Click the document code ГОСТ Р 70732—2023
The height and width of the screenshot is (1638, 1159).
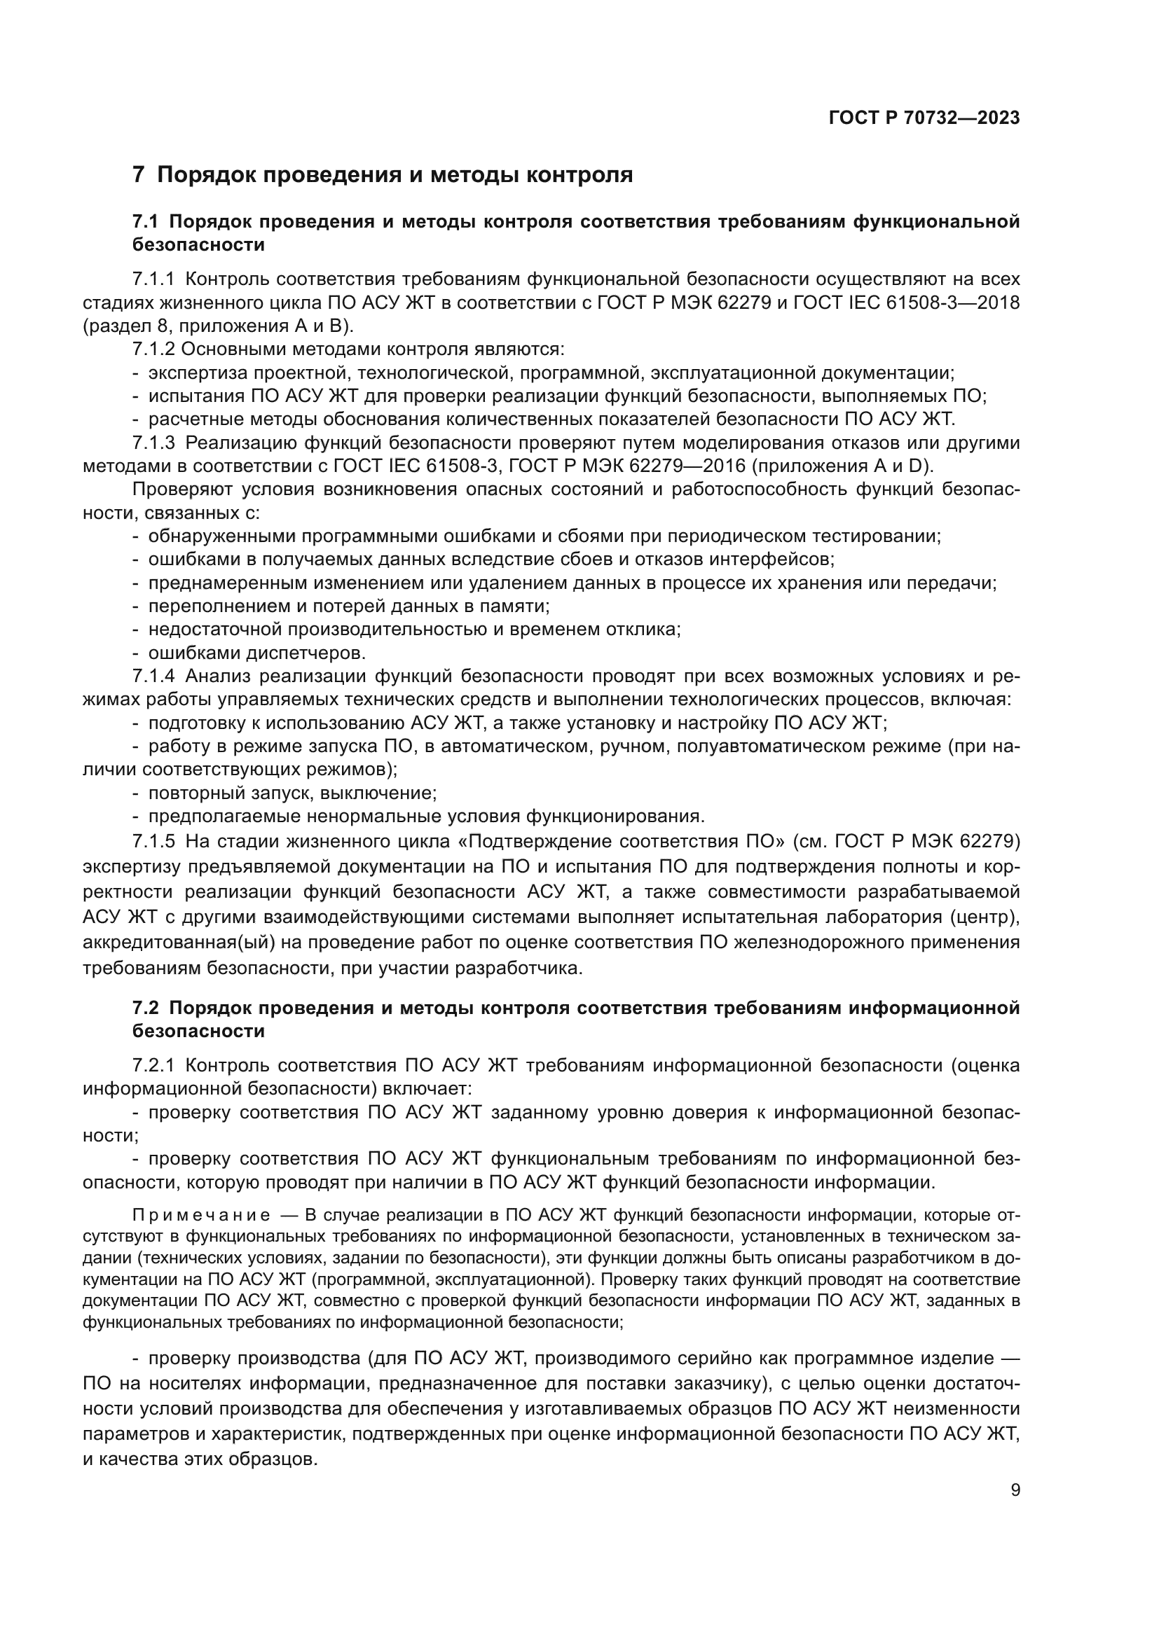pos(924,118)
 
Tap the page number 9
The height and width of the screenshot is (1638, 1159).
pos(1015,1490)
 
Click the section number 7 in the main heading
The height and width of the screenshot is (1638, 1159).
pos(139,175)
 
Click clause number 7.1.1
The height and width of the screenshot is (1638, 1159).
pos(153,279)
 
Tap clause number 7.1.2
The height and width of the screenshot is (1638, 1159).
pos(153,349)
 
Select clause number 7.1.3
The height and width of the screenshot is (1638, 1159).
pos(153,443)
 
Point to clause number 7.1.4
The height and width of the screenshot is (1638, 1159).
pos(153,676)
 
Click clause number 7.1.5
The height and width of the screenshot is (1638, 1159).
pos(153,841)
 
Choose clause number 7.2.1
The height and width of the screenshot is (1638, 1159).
pos(153,1065)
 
